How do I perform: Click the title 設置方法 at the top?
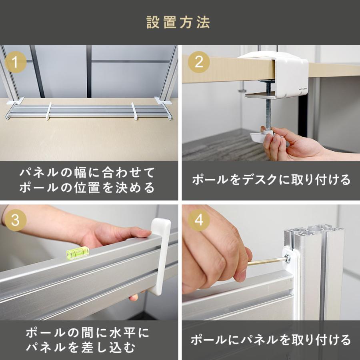pos(178,22)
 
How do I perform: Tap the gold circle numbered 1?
pos(15,62)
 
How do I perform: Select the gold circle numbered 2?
pos(199,62)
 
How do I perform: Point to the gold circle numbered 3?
pos(15,220)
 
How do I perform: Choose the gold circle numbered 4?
pos(199,220)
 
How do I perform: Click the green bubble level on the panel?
pos(78,253)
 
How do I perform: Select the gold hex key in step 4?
pos(267,261)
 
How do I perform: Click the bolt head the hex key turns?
pos(287,258)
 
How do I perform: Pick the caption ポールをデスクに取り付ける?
pos(271,180)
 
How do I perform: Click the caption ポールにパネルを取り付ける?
pos(271,340)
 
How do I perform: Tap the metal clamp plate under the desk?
pos(260,95)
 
